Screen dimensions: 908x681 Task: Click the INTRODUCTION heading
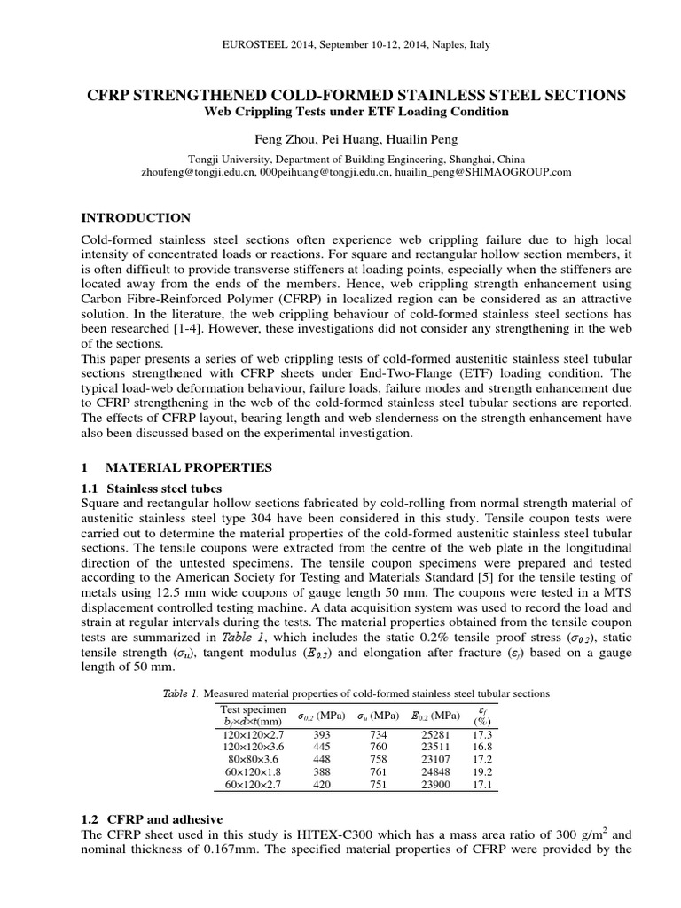tap(136, 217)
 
